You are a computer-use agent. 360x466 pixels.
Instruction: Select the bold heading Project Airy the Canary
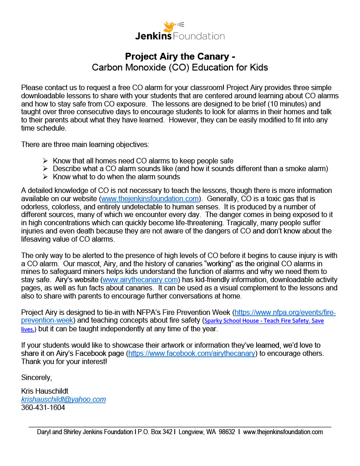pos(180,57)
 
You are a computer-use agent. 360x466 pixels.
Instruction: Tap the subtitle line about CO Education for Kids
pos(180,68)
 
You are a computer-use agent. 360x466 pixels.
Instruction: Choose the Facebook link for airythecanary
pos(192,353)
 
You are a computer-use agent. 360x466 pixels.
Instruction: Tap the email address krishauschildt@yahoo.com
pos(63,399)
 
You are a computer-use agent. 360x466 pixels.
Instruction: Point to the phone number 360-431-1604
pos(43,407)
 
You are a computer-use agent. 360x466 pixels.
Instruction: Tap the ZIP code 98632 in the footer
pos(226,432)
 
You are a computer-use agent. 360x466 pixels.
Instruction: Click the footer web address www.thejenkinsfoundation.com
pos(283,432)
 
